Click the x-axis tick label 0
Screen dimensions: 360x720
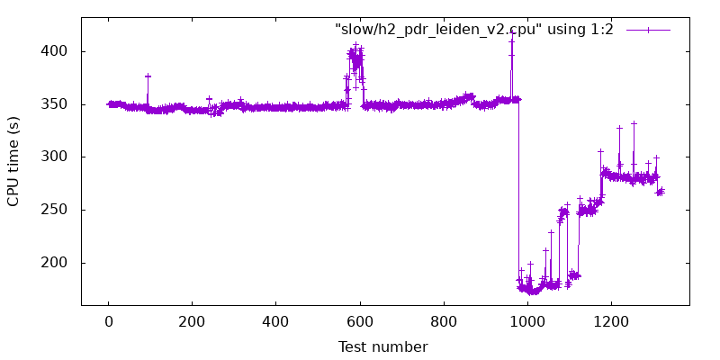point(109,320)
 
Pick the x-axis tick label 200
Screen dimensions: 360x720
point(193,320)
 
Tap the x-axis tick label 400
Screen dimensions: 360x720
point(276,320)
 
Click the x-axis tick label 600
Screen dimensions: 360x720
point(360,320)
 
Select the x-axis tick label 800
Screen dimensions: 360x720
point(444,320)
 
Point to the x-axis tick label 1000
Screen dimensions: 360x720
point(527,320)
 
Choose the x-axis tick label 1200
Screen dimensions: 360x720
point(611,320)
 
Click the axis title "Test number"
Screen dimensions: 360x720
point(382,346)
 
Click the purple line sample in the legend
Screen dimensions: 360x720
point(648,30)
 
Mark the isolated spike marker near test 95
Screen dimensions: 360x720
point(148,76)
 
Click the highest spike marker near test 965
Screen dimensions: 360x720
point(512,34)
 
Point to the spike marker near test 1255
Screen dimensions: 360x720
point(634,123)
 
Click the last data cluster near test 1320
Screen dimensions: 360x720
point(661,191)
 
